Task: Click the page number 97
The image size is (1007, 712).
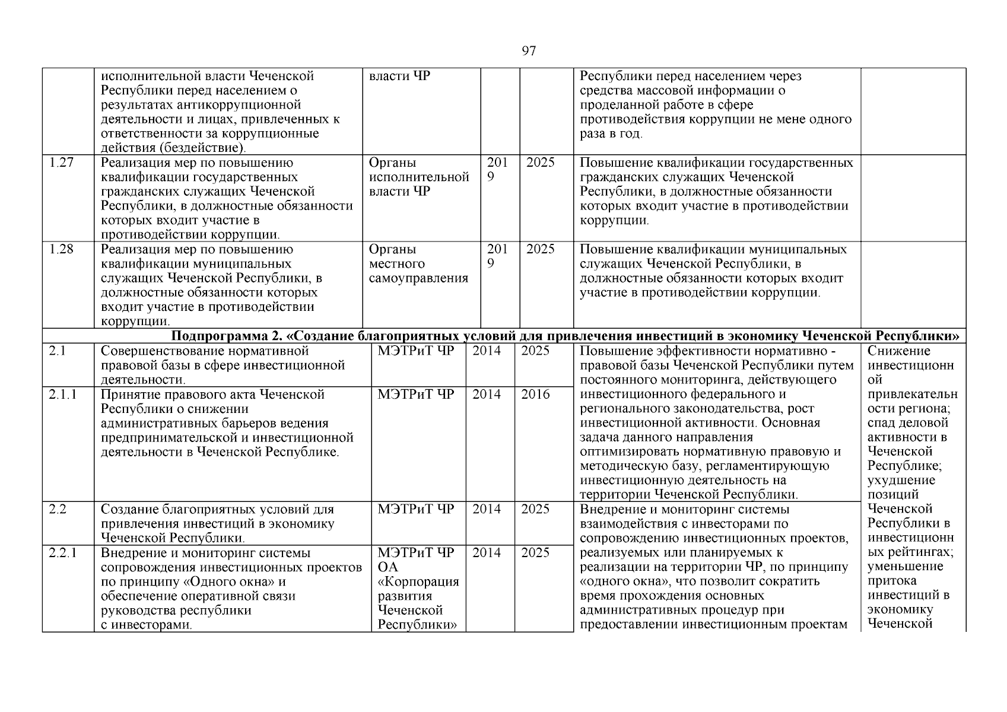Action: point(528,51)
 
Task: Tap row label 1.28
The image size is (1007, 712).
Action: point(61,250)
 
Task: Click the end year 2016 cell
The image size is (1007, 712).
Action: point(535,395)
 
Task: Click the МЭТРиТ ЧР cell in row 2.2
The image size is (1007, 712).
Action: point(415,510)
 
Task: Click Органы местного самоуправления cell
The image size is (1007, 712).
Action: point(418,264)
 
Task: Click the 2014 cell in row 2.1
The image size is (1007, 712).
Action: point(486,351)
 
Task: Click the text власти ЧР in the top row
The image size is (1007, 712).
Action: point(399,77)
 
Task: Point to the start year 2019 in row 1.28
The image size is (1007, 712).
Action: point(497,256)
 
